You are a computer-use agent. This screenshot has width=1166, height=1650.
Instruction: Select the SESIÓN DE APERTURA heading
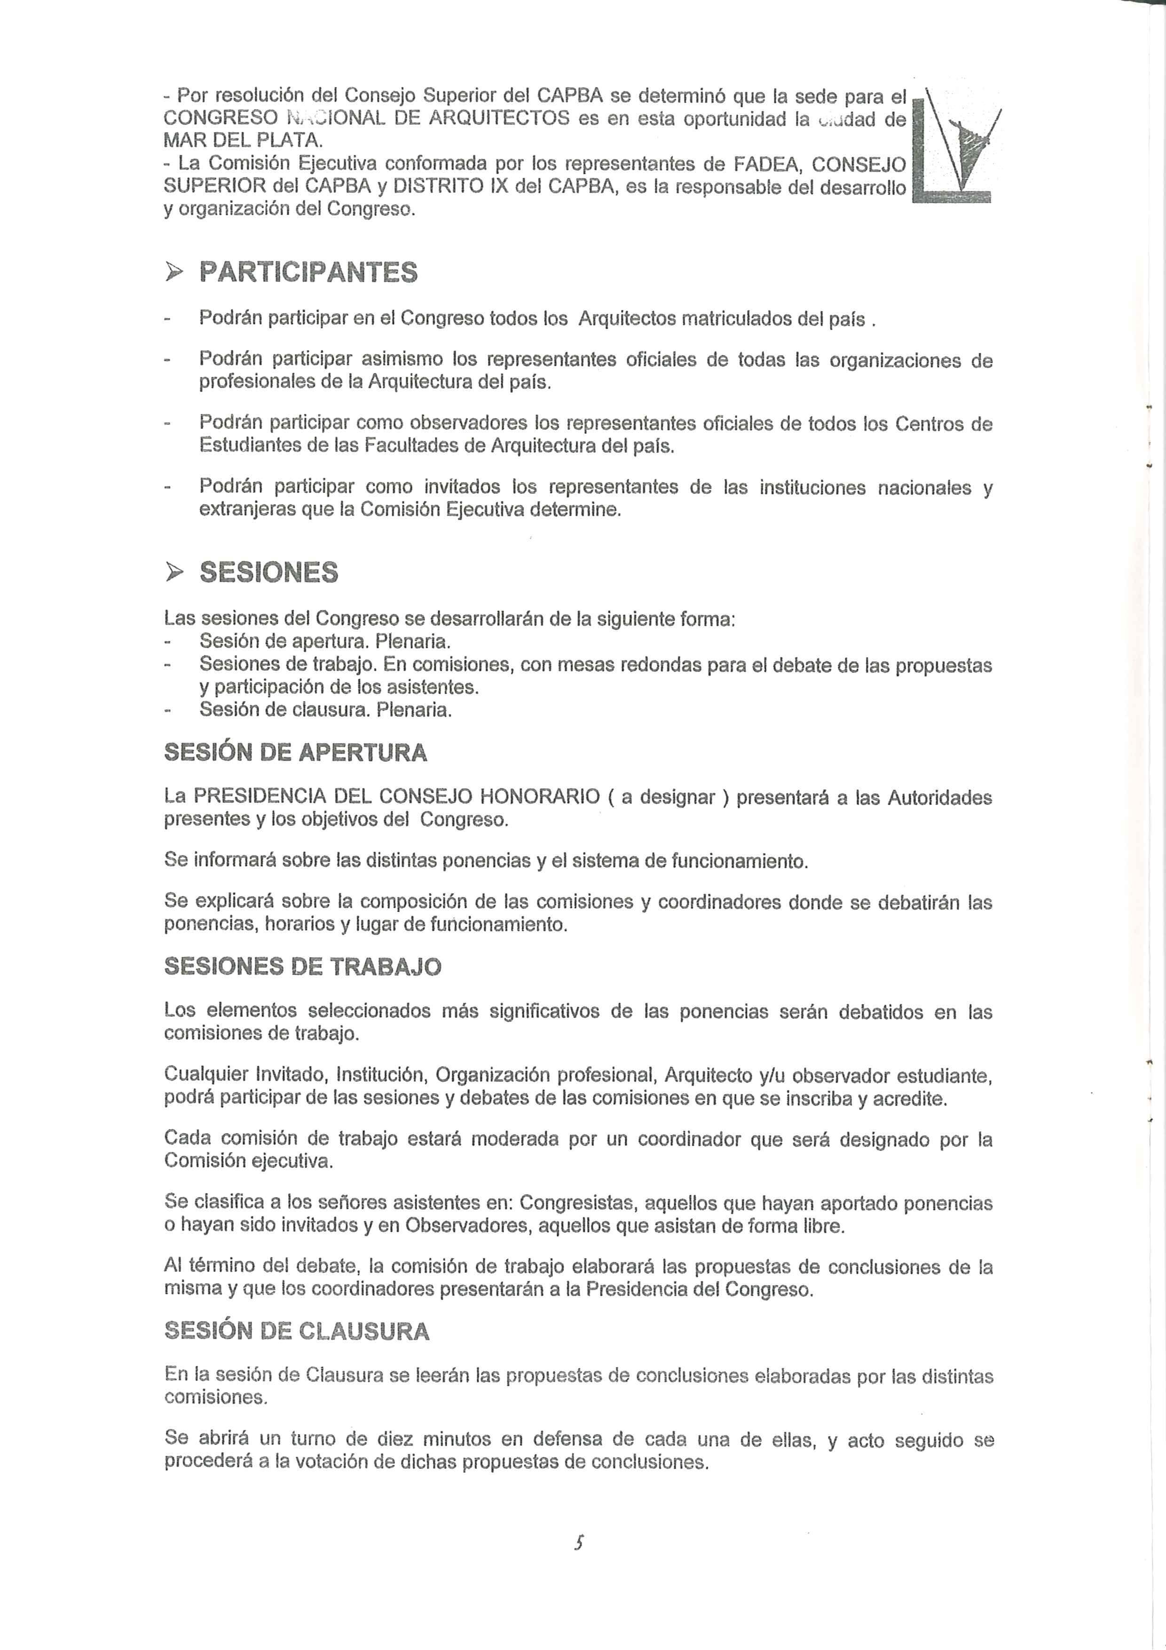(295, 753)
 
